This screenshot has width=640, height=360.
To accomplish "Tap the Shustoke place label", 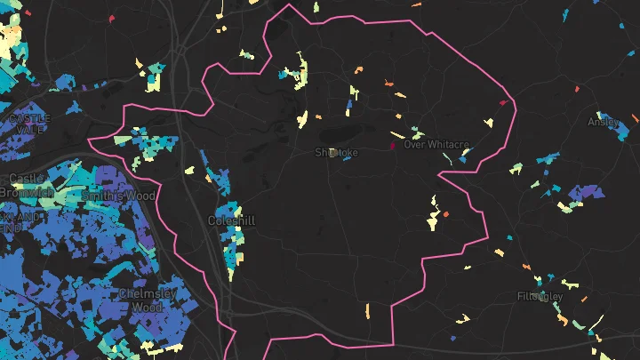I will click(x=337, y=153).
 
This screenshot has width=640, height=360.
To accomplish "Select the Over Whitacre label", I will click(x=436, y=144).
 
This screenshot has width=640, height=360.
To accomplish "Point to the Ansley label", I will click(x=602, y=122).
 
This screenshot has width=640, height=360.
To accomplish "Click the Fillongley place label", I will click(x=540, y=295).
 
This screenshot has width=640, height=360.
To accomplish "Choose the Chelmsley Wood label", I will click(x=148, y=300).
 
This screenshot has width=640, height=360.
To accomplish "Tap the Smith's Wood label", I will click(x=117, y=196).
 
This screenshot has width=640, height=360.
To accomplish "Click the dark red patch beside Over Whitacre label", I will click(x=392, y=145).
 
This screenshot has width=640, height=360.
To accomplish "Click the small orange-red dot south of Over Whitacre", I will click(x=445, y=214).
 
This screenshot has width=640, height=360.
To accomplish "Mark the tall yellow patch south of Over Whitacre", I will click(x=434, y=213).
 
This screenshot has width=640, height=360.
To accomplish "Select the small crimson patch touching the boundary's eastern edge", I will click(x=503, y=103).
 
